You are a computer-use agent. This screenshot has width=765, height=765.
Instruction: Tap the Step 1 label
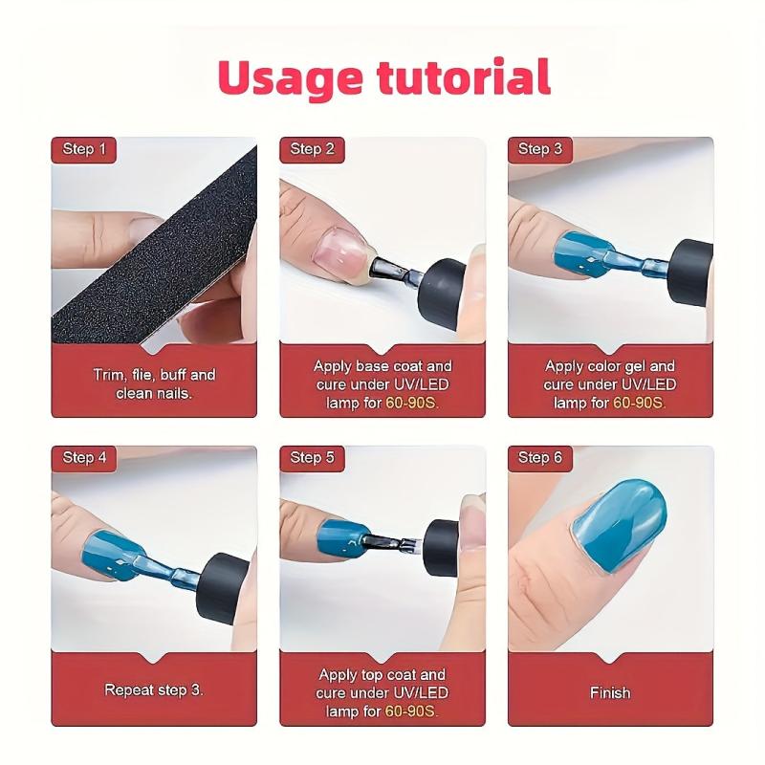(x=84, y=149)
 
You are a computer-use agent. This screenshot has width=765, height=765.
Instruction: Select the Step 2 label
(x=313, y=149)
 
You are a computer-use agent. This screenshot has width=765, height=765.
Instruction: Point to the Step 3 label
(x=540, y=149)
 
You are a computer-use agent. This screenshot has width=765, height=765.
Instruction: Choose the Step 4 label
(x=84, y=458)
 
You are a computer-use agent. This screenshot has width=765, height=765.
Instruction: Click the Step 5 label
(x=313, y=458)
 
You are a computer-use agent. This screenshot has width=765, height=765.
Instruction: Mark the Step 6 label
(x=540, y=458)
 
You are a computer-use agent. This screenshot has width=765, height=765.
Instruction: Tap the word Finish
(x=610, y=692)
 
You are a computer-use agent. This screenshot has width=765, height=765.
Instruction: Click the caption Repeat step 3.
(x=154, y=689)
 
